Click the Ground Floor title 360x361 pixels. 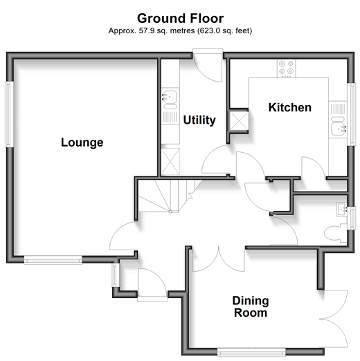tap(180, 18)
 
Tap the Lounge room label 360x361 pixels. tap(82, 142)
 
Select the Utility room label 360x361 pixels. tap(199, 120)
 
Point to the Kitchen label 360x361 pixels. tap(290, 107)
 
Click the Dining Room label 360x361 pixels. tap(251, 307)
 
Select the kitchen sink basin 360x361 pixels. tap(339, 129)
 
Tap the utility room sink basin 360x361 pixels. tap(170, 97)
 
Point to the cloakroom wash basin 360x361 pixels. tap(342, 210)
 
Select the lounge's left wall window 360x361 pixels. tap(8, 114)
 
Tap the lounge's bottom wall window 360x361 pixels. tap(53, 261)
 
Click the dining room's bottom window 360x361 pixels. tap(251, 352)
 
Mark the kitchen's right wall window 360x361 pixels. tap(352, 114)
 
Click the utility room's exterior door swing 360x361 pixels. tap(208, 70)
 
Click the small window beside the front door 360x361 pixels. tap(114, 275)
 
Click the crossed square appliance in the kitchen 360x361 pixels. tap(240, 121)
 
